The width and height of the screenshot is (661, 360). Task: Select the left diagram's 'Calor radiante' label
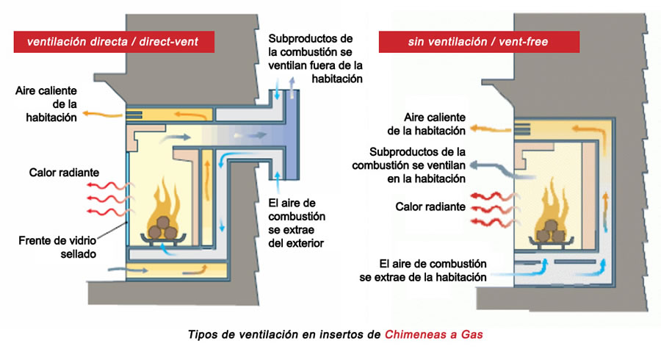[x=64, y=173]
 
